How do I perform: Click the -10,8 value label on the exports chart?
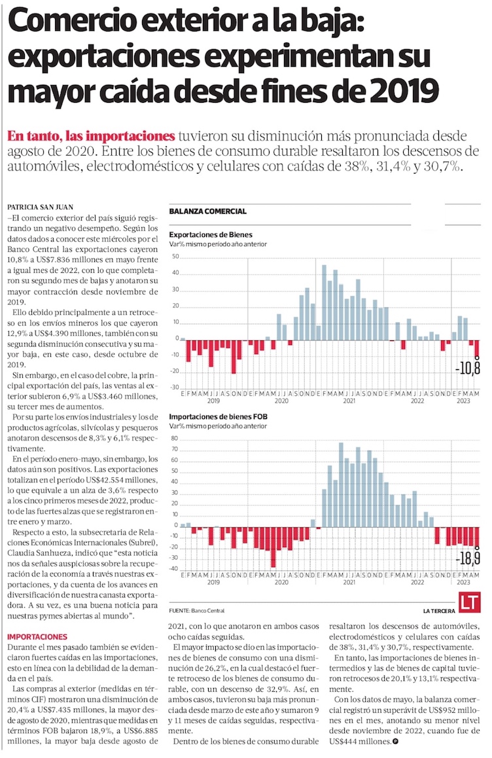pos(468,368)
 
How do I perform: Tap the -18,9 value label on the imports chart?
pos(468,558)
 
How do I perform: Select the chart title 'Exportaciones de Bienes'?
pos(211,234)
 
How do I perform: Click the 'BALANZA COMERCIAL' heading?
pos(207,211)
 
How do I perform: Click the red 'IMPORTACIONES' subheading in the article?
pos(37,636)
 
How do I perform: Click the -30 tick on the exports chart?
pos(175,388)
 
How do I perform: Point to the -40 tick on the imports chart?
pos(175,568)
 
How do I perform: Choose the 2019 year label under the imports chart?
pos(213,581)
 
